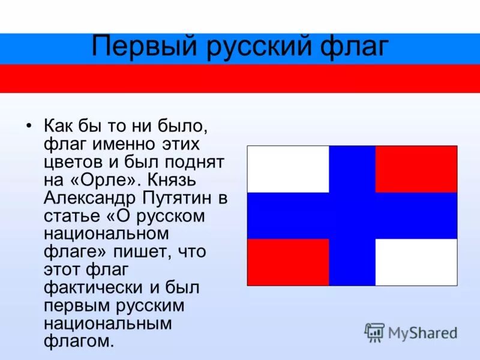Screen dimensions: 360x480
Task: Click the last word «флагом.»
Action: [x=79, y=342]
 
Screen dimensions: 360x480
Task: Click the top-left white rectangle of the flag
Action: [x=288, y=169]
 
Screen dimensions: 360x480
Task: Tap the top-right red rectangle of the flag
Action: [x=416, y=169]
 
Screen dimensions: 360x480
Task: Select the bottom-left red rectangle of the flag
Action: [x=288, y=262]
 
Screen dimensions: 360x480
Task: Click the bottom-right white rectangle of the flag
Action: [x=416, y=262]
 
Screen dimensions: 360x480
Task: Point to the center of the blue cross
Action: [x=352, y=215]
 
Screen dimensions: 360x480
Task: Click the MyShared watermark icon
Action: [x=374, y=332]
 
